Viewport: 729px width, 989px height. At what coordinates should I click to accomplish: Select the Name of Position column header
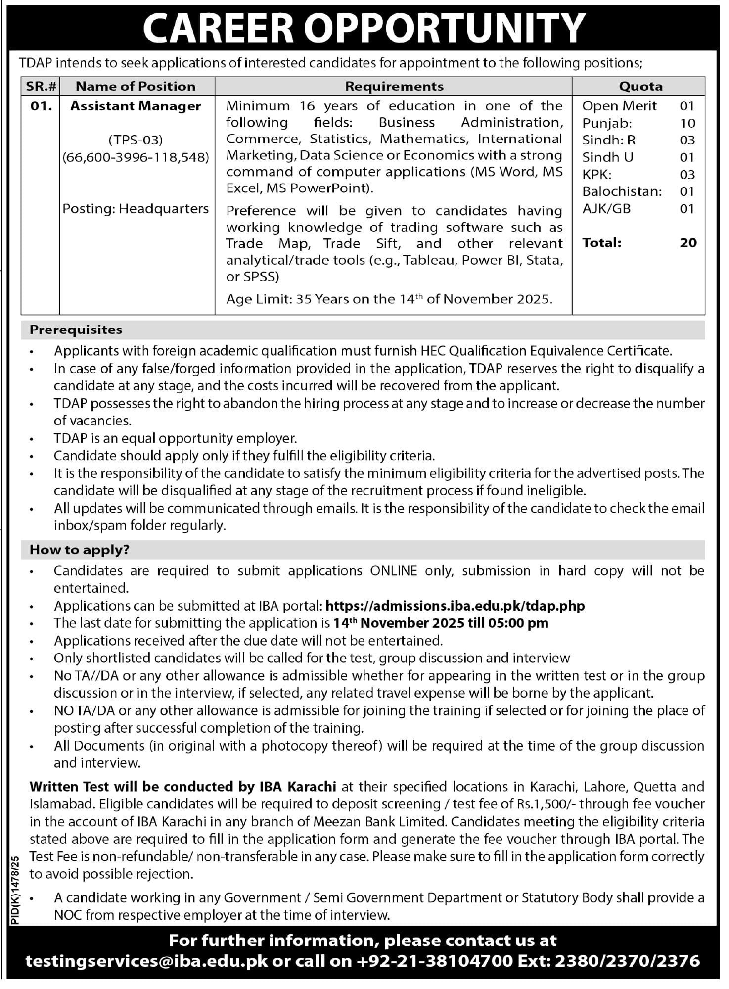point(136,86)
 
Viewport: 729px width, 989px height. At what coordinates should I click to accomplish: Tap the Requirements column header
point(394,86)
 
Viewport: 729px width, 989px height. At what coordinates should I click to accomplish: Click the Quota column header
point(640,86)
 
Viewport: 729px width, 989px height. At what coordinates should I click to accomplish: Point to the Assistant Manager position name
point(136,106)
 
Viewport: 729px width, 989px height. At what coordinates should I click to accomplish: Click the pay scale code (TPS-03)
point(136,140)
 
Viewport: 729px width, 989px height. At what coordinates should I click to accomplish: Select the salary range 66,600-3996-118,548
point(136,157)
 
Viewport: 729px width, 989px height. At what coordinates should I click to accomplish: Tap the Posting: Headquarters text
point(136,209)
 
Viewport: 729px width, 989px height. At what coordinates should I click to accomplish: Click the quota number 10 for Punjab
point(687,123)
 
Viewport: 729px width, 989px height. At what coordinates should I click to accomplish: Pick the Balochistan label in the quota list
point(622,191)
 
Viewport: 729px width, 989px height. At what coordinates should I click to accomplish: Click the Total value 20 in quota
point(688,243)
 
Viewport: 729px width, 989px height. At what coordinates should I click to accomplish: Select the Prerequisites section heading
point(76,330)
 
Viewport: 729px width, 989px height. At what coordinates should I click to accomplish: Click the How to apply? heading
point(79,550)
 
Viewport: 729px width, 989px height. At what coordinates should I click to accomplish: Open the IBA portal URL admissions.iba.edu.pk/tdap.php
point(456,606)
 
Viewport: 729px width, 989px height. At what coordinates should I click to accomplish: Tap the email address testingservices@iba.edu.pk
point(146,961)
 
